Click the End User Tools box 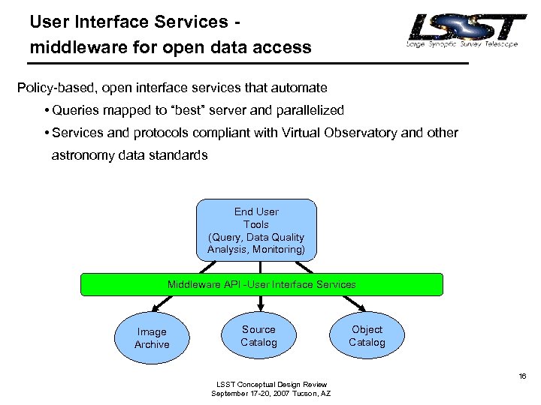[256, 230]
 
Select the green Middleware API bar [261, 285]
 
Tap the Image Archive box [152, 338]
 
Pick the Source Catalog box [258, 336]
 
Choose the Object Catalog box [367, 336]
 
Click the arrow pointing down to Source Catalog [260, 303]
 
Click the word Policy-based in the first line [51, 88]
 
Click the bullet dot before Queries [47, 111]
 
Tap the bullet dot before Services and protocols [47, 133]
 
